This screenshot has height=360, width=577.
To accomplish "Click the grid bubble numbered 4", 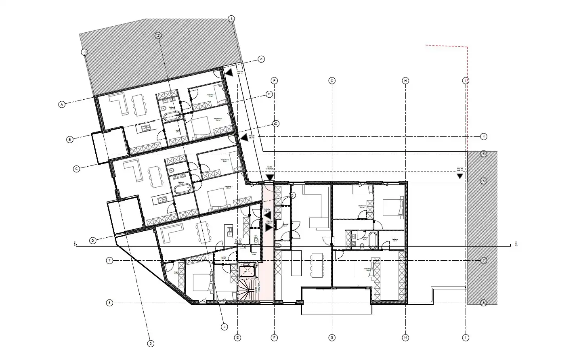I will [x=484, y=136].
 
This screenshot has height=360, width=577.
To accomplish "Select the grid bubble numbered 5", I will [x=484, y=153].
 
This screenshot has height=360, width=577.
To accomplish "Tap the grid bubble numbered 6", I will [x=484, y=181].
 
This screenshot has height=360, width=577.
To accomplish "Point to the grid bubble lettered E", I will [x=238, y=337].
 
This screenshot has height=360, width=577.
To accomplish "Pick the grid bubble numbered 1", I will [x=231, y=19].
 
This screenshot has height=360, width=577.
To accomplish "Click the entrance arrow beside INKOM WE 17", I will [x=229, y=73].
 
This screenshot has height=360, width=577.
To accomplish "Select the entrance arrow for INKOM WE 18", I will [x=243, y=138].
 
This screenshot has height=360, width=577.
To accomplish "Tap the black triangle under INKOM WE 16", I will [x=460, y=176].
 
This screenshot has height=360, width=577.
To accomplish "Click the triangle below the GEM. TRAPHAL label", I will [x=270, y=176].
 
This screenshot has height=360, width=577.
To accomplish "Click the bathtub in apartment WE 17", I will [x=172, y=117].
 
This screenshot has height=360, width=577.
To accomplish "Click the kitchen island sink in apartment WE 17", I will [x=145, y=128].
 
